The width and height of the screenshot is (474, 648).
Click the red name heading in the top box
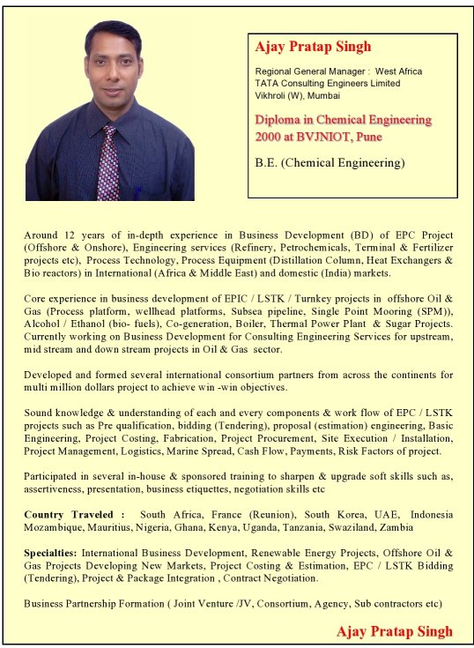click(313, 47)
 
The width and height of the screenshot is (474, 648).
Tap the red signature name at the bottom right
click(394, 631)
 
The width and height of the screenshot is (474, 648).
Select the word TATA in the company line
click(268, 83)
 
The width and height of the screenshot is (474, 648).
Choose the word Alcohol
click(44, 324)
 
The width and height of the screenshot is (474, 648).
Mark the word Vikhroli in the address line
click(273, 95)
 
